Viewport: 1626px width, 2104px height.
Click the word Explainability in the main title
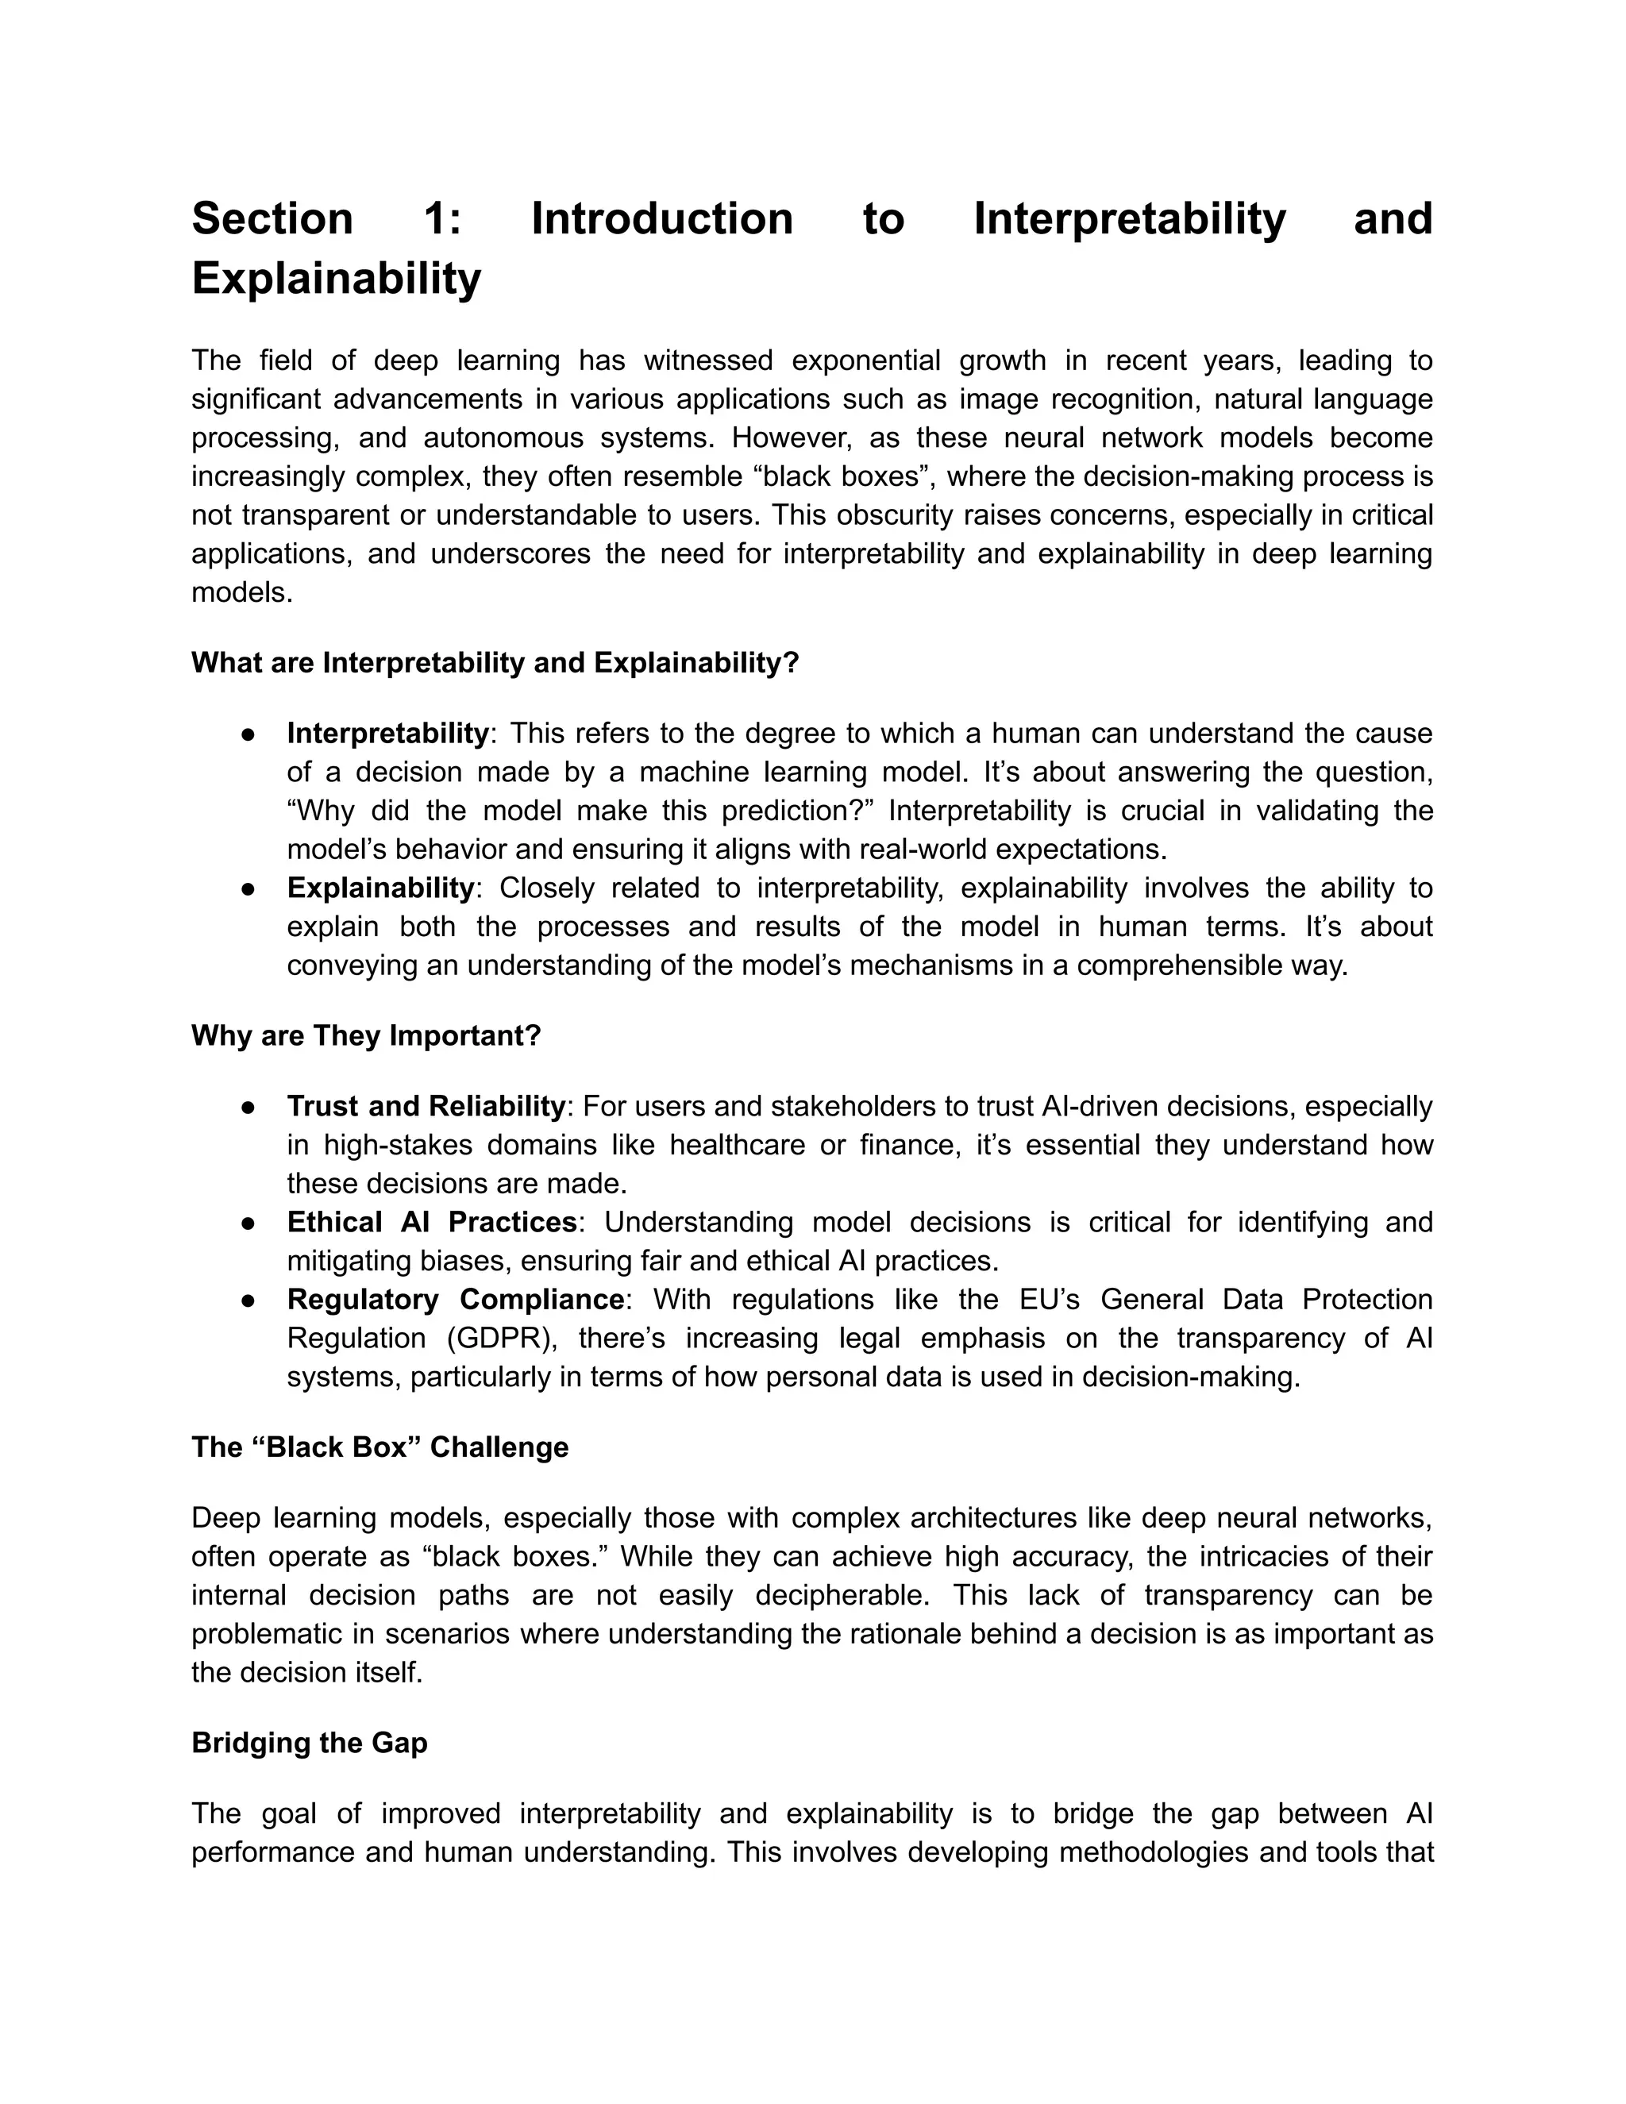pos(336,279)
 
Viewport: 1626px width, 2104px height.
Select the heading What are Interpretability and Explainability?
pos(495,663)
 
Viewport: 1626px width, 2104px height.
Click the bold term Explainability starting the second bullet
pos(380,888)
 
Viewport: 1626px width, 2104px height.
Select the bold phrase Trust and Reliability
pos(425,1106)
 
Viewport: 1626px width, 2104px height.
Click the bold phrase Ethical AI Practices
pos(432,1222)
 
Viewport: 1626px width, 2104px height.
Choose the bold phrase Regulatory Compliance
pos(455,1299)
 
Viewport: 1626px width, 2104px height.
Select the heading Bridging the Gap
pos(309,1743)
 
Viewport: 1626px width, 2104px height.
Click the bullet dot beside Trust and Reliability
pos(248,1107)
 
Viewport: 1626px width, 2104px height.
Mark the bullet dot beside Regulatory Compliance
pos(248,1300)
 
